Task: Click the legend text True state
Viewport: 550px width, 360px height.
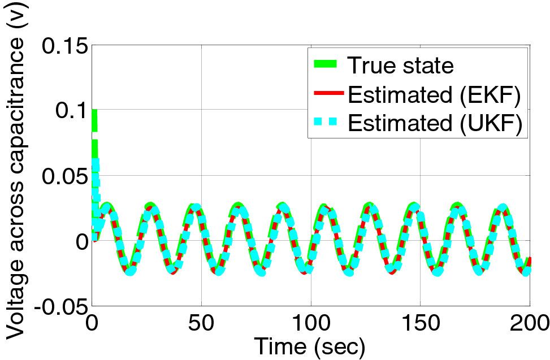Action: point(400,66)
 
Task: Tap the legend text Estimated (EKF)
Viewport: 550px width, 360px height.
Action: point(434,96)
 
